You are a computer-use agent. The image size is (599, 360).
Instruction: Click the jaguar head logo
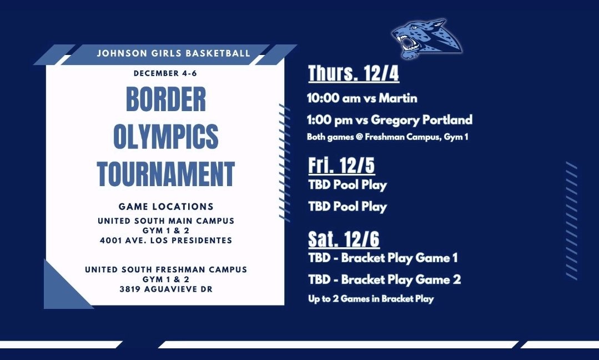(426, 39)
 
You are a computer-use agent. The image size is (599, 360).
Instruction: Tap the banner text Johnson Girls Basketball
(173, 54)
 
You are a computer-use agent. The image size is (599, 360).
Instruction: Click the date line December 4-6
(165, 73)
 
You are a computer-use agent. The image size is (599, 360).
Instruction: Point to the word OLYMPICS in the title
(165, 137)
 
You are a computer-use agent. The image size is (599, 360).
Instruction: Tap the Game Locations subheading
(165, 207)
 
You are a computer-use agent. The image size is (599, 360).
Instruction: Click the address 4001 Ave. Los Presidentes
(165, 241)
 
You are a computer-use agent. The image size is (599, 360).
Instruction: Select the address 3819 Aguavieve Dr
(165, 289)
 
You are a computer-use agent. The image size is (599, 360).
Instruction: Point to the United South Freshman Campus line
(165, 269)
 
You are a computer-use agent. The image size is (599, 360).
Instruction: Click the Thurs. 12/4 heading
(353, 73)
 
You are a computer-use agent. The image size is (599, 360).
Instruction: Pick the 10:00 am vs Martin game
(362, 98)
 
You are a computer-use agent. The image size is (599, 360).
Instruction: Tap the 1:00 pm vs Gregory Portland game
(389, 119)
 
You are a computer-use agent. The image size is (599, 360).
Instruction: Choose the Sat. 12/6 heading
(344, 239)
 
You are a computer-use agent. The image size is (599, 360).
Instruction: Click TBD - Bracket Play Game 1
(383, 258)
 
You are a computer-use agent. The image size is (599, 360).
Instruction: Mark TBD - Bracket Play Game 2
(384, 279)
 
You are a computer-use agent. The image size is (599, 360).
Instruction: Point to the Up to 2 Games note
(371, 299)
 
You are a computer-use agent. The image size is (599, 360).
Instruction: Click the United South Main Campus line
(165, 221)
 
